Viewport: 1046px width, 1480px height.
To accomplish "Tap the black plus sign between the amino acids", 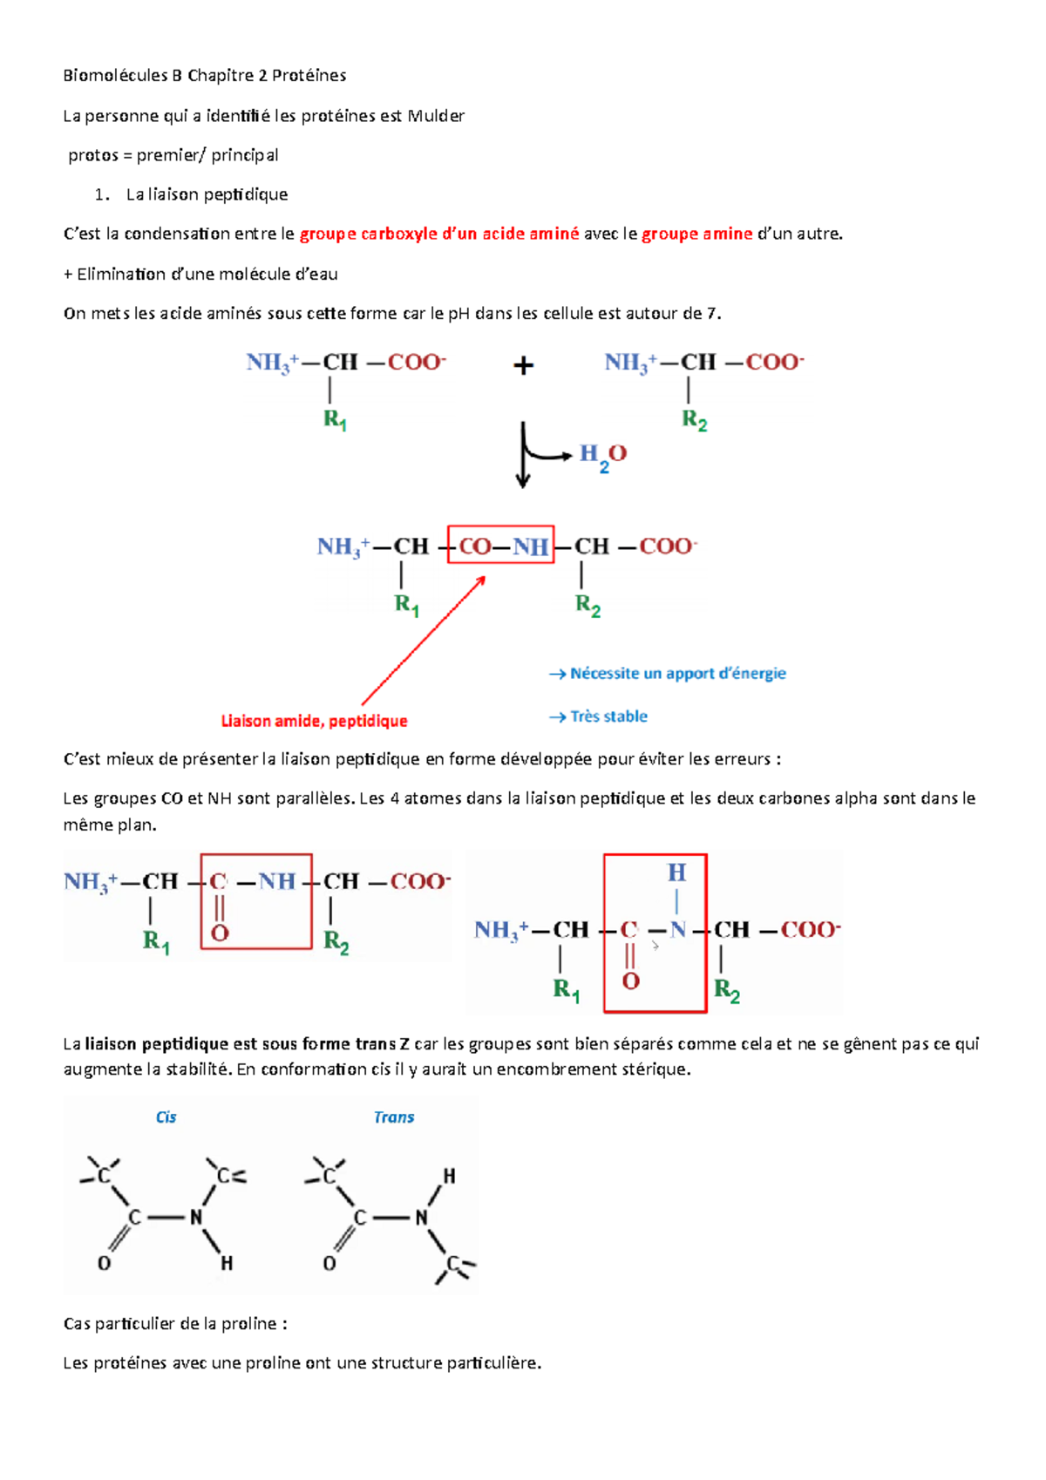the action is click(x=523, y=365).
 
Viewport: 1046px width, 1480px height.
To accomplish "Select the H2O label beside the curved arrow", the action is click(x=603, y=455).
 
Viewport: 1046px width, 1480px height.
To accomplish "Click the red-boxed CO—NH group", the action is click(x=501, y=546).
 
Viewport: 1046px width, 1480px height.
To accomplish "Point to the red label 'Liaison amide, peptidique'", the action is click(x=314, y=721).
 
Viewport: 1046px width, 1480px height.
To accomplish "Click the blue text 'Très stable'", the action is click(x=608, y=716).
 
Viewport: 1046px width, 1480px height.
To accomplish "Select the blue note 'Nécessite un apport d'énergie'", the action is click(x=677, y=673).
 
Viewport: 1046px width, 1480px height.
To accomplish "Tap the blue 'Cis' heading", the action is click(x=166, y=1117).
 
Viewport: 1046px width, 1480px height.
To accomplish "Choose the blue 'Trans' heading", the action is click(x=394, y=1117).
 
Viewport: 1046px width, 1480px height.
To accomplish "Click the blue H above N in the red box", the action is click(x=676, y=872).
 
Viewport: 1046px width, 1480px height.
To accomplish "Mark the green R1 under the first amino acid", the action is click(x=336, y=420).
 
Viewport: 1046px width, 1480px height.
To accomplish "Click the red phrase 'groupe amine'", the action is click(x=697, y=234).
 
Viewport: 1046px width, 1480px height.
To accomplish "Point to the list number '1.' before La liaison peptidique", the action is click(x=102, y=194).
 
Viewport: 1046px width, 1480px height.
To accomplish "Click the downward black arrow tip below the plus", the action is click(x=523, y=483).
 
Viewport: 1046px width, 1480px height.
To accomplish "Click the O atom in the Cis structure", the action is click(x=104, y=1263).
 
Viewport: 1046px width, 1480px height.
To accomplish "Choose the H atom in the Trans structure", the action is click(x=449, y=1177).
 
